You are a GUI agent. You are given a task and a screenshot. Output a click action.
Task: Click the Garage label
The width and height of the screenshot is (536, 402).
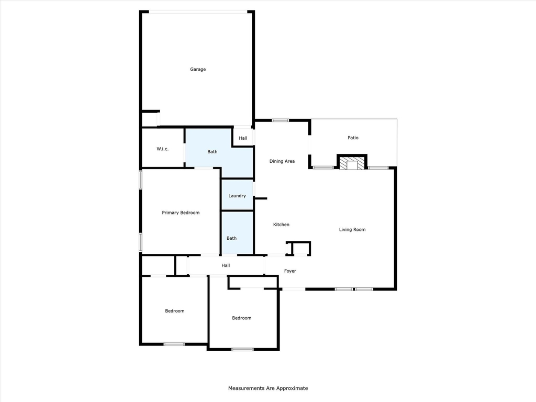pos(198,70)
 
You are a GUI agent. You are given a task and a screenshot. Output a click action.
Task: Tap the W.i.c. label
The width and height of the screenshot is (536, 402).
pos(162,149)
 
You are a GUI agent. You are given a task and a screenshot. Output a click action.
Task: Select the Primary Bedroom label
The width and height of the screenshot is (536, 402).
pos(181,213)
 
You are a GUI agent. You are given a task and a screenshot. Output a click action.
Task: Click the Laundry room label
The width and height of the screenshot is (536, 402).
pos(237,196)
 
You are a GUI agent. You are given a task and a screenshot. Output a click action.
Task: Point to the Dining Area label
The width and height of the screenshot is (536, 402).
pos(282,161)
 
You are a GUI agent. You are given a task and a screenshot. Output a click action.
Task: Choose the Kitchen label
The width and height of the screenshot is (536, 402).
pos(281,225)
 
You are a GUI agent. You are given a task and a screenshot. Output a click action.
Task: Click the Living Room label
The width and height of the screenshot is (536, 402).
pos(352,230)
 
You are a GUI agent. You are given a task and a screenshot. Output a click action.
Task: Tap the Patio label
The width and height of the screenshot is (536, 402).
pos(353,138)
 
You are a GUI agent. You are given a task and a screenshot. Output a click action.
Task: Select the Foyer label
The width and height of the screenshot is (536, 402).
pos(290,271)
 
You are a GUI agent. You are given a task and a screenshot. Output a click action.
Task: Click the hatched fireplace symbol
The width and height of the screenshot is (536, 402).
pos(352,162)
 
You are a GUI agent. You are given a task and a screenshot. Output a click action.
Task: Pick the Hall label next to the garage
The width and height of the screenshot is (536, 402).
pos(243,138)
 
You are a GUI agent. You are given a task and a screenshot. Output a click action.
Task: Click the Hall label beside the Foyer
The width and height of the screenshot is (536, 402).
pos(226,265)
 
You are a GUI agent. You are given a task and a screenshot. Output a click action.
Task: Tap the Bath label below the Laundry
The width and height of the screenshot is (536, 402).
pos(231,238)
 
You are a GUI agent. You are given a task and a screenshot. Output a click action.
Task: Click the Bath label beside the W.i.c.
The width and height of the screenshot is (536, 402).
pos(213,152)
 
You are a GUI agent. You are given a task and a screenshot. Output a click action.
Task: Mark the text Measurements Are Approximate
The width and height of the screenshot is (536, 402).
pos(268,388)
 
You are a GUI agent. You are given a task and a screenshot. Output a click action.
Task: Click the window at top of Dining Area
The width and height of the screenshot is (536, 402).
pos(281,120)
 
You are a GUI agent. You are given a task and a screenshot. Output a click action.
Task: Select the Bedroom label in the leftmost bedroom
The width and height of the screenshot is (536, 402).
pos(175,311)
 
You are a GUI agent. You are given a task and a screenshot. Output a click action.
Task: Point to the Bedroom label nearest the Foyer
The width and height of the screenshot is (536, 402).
pos(242,318)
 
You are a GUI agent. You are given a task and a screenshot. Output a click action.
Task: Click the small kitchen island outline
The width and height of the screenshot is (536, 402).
pos(298,249)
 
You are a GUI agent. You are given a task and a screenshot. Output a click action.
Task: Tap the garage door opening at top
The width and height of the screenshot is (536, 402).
pos(198,12)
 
